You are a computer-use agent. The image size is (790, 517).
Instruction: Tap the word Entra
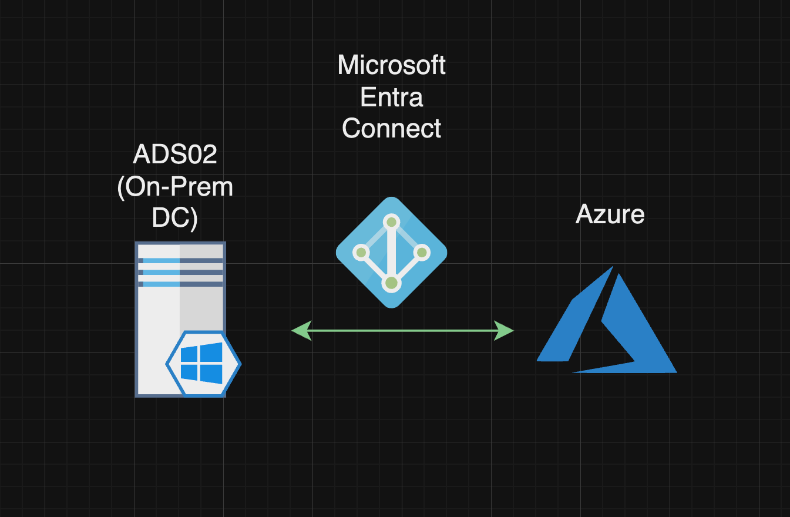[391, 97]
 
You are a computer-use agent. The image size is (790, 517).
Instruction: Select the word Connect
[391, 128]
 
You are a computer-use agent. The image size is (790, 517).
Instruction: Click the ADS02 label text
[175, 154]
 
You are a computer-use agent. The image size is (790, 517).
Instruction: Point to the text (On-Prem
[175, 187]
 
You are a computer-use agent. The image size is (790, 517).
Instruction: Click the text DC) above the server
[175, 219]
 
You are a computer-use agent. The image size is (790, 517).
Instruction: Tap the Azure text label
[610, 214]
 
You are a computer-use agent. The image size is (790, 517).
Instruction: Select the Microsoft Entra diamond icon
[391, 253]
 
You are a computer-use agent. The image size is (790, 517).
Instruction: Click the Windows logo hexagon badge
[203, 364]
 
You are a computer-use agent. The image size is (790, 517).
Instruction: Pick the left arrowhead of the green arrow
[301, 331]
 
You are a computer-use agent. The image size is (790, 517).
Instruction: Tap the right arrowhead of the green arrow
[503, 331]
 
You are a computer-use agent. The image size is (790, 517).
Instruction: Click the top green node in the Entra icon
[391, 222]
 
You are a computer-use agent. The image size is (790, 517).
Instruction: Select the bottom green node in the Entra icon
[391, 283]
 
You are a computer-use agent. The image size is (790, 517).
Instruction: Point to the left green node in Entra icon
[361, 253]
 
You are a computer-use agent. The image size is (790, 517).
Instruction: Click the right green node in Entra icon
[422, 253]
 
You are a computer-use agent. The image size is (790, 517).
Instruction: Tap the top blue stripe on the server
[162, 261]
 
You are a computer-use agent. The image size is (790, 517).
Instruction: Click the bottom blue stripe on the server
[162, 284]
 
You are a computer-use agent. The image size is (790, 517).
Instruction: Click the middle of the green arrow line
[403, 331]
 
